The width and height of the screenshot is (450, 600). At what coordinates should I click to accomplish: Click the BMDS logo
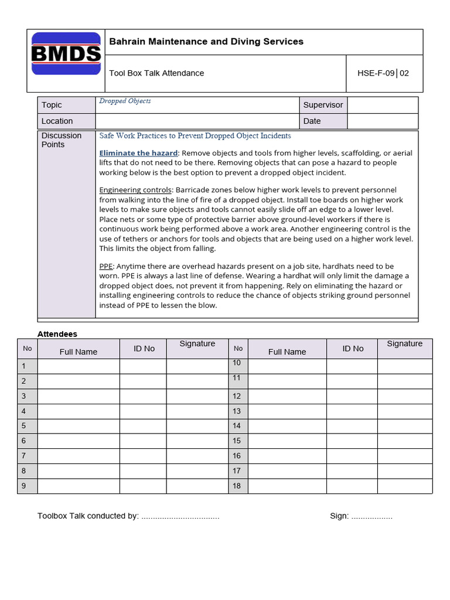pyautogui.click(x=66, y=54)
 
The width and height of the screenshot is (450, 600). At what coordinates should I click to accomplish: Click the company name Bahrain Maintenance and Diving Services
pyautogui.click(x=206, y=42)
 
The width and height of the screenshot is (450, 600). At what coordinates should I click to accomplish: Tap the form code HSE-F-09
pyautogui.click(x=376, y=73)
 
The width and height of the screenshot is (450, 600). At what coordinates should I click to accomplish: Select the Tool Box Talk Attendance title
pyautogui.click(x=156, y=73)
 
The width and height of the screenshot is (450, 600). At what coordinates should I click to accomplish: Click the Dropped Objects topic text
pyautogui.click(x=125, y=101)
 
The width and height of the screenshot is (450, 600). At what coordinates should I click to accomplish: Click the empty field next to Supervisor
pyautogui.click(x=383, y=105)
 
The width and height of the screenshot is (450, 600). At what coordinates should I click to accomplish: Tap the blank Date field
pyautogui.click(x=383, y=121)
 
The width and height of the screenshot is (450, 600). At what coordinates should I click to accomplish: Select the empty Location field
pyautogui.click(x=197, y=121)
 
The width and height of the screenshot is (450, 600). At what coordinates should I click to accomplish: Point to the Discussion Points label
pyautogui.click(x=62, y=140)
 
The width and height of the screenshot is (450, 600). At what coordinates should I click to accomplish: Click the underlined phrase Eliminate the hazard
pyautogui.click(x=138, y=153)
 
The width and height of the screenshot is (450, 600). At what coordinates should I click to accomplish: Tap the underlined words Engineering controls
pyautogui.click(x=135, y=190)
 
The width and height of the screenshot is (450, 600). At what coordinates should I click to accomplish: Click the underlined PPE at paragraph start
pyautogui.click(x=105, y=266)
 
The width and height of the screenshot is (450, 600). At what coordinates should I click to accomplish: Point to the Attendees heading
pyautogui.click(x=57, y=334)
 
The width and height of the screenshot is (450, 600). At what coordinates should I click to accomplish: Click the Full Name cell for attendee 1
pyautogui.click(x=78, y=366)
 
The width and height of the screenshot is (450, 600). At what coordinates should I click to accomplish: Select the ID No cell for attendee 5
pyautogui.click(x=143, y=426)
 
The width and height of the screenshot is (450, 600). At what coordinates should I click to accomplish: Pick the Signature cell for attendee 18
pyautogui.click(x=405, y=486)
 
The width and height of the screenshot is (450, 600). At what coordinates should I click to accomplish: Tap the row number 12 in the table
pyautogui.click(x=237, y=396)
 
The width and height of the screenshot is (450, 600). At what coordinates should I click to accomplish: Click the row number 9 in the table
pyautogui.click(x=24, y=486)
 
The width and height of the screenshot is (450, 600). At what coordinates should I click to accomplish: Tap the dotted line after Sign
pyautogui.click(x=372, y=517)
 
